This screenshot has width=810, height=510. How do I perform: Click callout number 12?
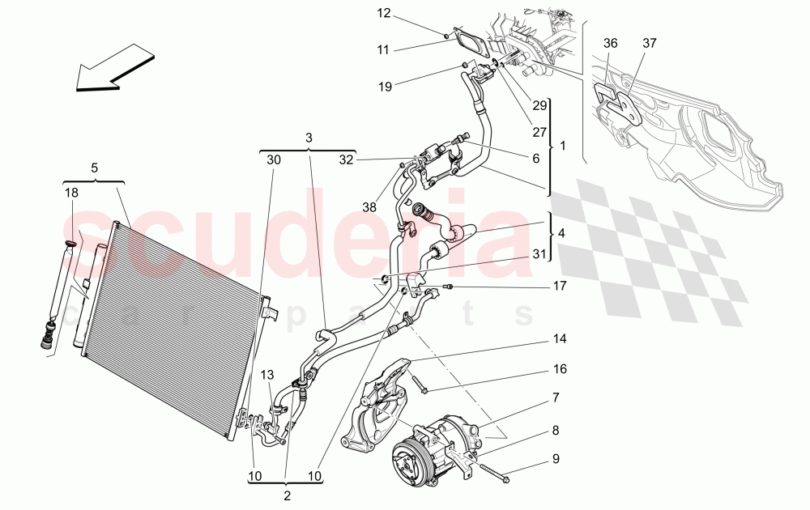(x=383, y=13)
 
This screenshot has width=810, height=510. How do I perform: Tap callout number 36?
(x=610, y=43)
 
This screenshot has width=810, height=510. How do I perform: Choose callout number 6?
(x=535, y=159)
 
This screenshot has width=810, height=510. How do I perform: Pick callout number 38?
(x=369, y=207)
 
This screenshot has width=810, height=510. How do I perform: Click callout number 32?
(x=347, y=160)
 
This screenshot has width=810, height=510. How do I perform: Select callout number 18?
(x=72, y=193)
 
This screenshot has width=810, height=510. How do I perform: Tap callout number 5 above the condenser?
(x=94, y=168)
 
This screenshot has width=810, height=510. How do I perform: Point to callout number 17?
(x=561, y=286)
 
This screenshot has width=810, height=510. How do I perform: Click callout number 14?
(x=561, y=338)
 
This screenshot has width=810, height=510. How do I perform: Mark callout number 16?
(x=561, y=369)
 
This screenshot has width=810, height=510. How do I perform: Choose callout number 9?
(x=556, y=458)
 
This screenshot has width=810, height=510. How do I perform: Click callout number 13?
(x=267, y=374)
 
